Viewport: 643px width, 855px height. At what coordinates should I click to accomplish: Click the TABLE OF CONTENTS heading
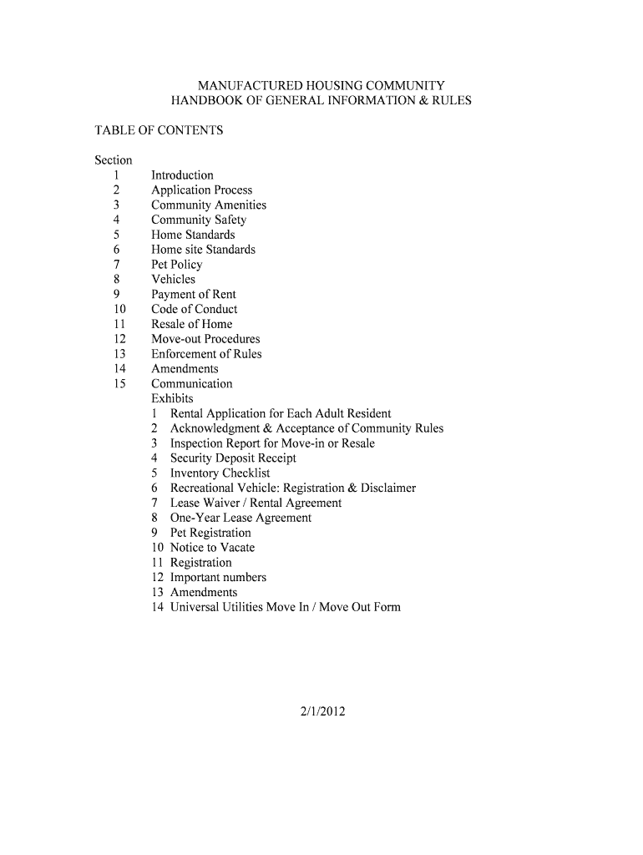click(159, 130)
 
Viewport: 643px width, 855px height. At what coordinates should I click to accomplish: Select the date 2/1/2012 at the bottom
click(321, 712)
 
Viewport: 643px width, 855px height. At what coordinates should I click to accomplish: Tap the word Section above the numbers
click(113, 160)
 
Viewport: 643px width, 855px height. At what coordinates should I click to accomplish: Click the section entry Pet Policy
click(176, 265)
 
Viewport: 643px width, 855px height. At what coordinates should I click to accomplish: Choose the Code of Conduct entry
click(194, 309)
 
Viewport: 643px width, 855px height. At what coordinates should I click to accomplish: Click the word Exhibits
click(172, 398)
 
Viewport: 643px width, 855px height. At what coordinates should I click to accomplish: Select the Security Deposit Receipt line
click(232, 458)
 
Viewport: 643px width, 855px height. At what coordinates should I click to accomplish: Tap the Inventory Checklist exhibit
click(220, 473)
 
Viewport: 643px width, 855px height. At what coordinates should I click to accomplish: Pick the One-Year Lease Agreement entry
click(240, 518)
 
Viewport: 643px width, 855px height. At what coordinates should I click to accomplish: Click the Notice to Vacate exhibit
click(212, 548)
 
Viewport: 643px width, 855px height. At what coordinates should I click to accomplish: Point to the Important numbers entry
click(218, 578)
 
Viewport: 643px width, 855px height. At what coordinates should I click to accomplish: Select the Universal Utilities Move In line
click(285, 607)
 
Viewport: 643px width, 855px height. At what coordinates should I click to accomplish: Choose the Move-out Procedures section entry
click(205, 339)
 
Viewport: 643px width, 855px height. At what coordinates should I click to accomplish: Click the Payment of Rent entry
click(193, 295)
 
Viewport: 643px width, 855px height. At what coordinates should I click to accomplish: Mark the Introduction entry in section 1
click(182, 175)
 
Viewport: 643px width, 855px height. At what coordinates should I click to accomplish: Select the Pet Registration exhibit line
click(210, 533)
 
